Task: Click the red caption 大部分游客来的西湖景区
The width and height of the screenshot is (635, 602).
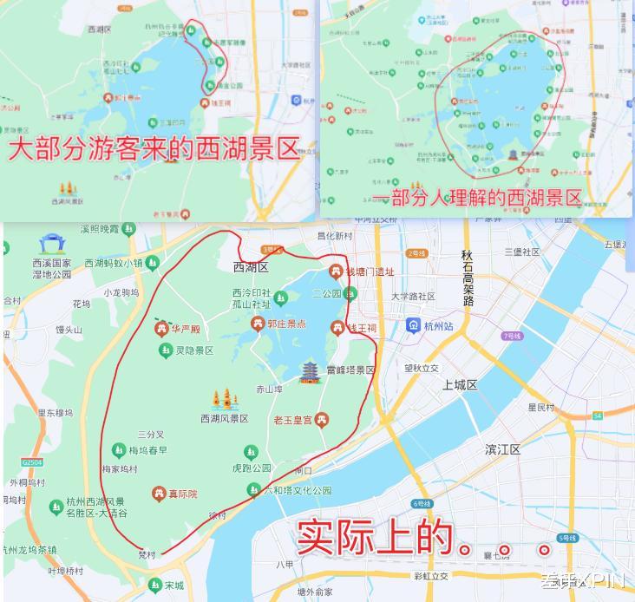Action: [154, 149]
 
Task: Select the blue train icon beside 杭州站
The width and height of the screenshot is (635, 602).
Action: [413, 325]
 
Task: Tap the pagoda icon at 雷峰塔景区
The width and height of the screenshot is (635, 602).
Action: [310, 372]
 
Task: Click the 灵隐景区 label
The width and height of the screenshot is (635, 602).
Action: [194, 350]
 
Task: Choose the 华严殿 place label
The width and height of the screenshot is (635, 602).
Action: [185, 329]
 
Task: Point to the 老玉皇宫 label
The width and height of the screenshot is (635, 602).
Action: [291, 421]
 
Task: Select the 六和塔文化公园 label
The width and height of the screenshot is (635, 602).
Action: [298, 490]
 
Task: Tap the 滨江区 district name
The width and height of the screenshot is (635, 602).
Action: [502, 449]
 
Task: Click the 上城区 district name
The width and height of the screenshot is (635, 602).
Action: [461, 384]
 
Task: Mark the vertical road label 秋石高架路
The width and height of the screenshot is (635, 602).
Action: [468, 278]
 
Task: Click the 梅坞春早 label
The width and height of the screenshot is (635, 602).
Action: [148, 450]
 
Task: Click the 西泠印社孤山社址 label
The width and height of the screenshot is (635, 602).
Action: [252, 298]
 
